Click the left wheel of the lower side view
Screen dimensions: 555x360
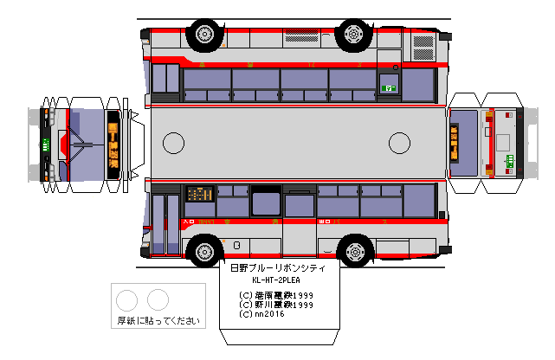203,252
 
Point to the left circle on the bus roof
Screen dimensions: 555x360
174,143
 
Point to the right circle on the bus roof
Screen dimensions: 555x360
399,143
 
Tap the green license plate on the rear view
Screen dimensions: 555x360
510,161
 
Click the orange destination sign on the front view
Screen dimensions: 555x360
113,144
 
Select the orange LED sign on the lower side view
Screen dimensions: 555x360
200,194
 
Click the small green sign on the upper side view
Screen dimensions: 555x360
390,87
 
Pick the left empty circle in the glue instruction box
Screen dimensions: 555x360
127,300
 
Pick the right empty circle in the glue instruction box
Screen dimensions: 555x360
157,300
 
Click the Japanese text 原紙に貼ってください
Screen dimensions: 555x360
158,321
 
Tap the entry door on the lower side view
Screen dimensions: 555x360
165,224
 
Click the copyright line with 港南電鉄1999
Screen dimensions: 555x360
276,295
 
